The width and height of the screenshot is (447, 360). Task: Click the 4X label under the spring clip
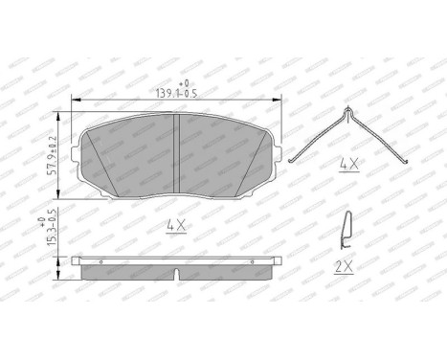[x=348, y=165]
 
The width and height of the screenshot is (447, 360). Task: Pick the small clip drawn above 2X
[x=346, y=229]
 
